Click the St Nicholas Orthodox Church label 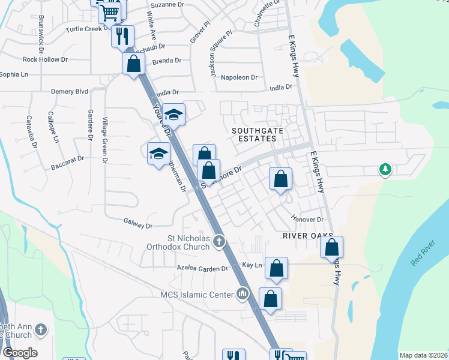(x=179, y=242)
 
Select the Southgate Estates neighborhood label (x=255, y=134)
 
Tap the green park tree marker (x=385, y=170)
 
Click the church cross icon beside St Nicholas (x=219, y=242)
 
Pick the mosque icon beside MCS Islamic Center (x=243, y=293)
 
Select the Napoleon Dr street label (x=239, y=77)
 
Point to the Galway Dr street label (x=139, y=225)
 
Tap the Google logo (x=19, y=353)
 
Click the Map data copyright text (x=423, y=355)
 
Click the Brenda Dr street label (x=167, y=61)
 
